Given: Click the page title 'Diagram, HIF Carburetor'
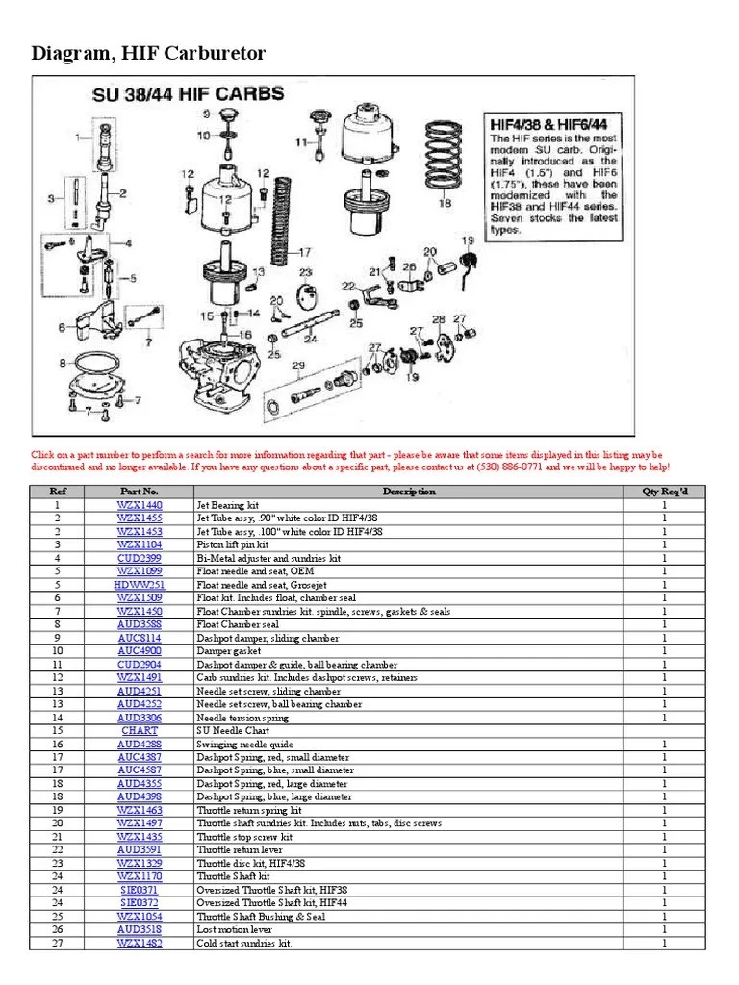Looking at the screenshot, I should [x=148, y=54].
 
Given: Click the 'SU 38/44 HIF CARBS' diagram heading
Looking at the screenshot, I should [x=188, y=94].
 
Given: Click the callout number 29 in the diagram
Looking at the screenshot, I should [x=298, y=365].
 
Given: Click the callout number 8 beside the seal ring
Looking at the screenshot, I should [x=63, y=363].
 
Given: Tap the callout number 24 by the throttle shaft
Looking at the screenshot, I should [x=310, y=339].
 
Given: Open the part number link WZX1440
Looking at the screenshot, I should [x=140, y=504].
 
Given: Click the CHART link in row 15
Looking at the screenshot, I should [x=140, y=731].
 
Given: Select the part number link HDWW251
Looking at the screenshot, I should [x=140, y=584].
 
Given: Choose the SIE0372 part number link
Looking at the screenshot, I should [x=140, y=903].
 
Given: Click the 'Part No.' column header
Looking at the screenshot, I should [x=140, y=492].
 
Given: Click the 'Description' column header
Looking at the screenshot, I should [x=409, y=492].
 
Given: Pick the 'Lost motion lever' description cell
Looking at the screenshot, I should [x=233, y=930].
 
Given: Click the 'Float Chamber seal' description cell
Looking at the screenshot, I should [x=236, y=624].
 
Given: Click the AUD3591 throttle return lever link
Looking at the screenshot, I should [x=140, y=850].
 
